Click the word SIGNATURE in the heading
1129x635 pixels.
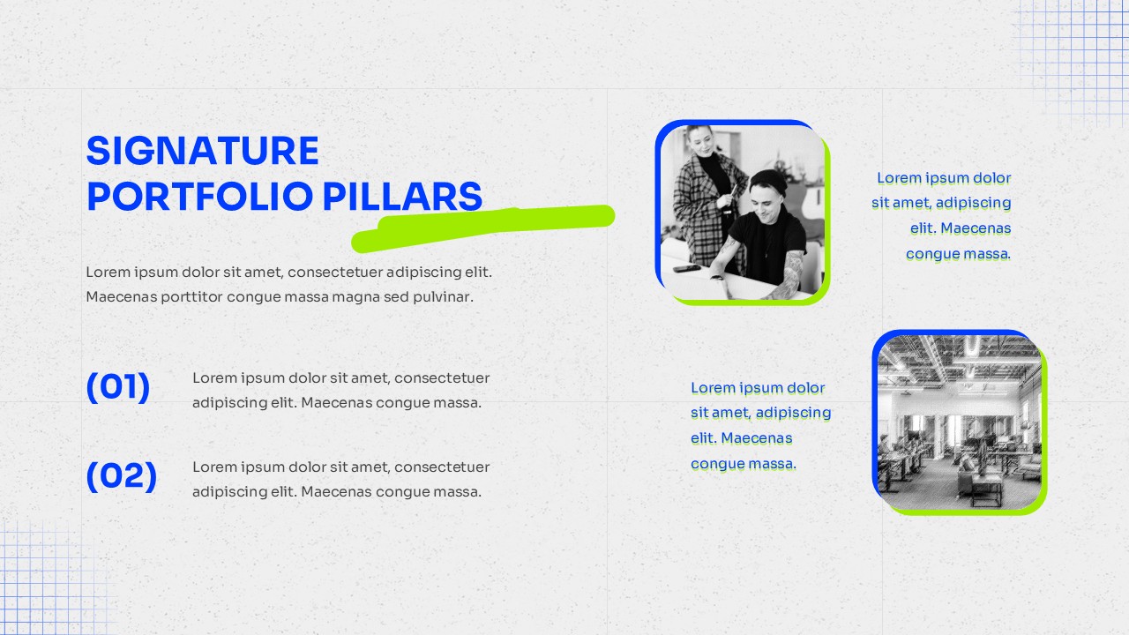pyautogui.click(x=202, y=152)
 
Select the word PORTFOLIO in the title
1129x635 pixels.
pyautogui.click(x=199, y=197)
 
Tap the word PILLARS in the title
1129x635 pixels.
pyautogui.click(x=402, y=197)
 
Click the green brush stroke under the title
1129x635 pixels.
pyautogui.click(x=494, y=223)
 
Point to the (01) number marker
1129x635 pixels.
pyautogui.click(x=118, y=387)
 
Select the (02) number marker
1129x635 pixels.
pyautogui.click(x=122, y=476)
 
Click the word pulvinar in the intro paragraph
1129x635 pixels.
pyautogui.click(x=442, y=297)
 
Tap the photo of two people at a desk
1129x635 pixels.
pyautogui.click(x=742, y=213)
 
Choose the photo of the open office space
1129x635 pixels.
pyautogui.click(x=959, y=422)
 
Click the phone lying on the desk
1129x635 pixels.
pyautogui.click(x=686, y=268)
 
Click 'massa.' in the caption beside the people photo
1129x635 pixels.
pyautogui.click(x=983, y=254)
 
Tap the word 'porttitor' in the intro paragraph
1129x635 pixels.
pyautogui.click(x=189, y=297)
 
